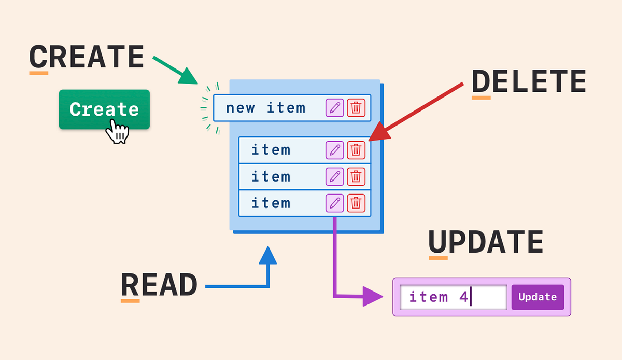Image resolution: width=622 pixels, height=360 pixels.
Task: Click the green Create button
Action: (x=104, y=109)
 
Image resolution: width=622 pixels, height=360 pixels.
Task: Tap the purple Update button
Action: (x=538, y=297)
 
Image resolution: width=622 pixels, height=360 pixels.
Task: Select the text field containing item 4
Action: (x=453, y=297)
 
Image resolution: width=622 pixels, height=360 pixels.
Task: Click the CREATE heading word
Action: (x=86, y=57)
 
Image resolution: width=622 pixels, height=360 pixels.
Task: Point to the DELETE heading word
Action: (x=529, y=82)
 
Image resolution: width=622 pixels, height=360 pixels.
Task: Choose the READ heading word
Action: (x=159, y=285)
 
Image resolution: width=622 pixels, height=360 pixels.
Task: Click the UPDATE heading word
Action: (x=486, y=242)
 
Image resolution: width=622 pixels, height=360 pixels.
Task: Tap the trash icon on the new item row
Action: (x=356, y=108)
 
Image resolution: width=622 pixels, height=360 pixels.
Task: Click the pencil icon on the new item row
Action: (x=335, y=108)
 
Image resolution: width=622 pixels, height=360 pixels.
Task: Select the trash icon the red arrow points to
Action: (x=356, y=150)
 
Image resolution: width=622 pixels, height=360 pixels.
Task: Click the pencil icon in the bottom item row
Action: (x=335, y=203)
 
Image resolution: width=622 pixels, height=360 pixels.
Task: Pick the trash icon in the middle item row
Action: (x=356, y=176)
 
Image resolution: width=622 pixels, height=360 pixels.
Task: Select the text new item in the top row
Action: (x=265, y=108)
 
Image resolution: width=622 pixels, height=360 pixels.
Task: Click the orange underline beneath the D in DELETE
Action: (x=480, y=97)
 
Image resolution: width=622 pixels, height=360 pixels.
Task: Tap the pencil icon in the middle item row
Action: (x=335, y=176)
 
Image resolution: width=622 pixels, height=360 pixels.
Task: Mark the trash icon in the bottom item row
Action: (x=356, y=203)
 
